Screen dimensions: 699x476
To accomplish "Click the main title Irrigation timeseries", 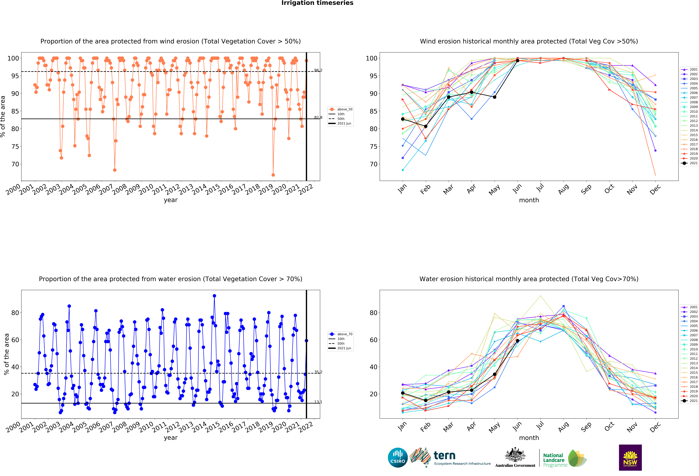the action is coord(317,3).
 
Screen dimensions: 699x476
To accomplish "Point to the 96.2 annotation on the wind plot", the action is coord(318,70).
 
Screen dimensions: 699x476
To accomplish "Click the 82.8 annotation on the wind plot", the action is coord(318,117).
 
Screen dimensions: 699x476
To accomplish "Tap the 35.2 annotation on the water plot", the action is coord(318,372).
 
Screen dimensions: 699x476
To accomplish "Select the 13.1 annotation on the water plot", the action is coord(318,402).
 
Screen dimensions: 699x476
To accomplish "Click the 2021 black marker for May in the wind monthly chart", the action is coord(494,97).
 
